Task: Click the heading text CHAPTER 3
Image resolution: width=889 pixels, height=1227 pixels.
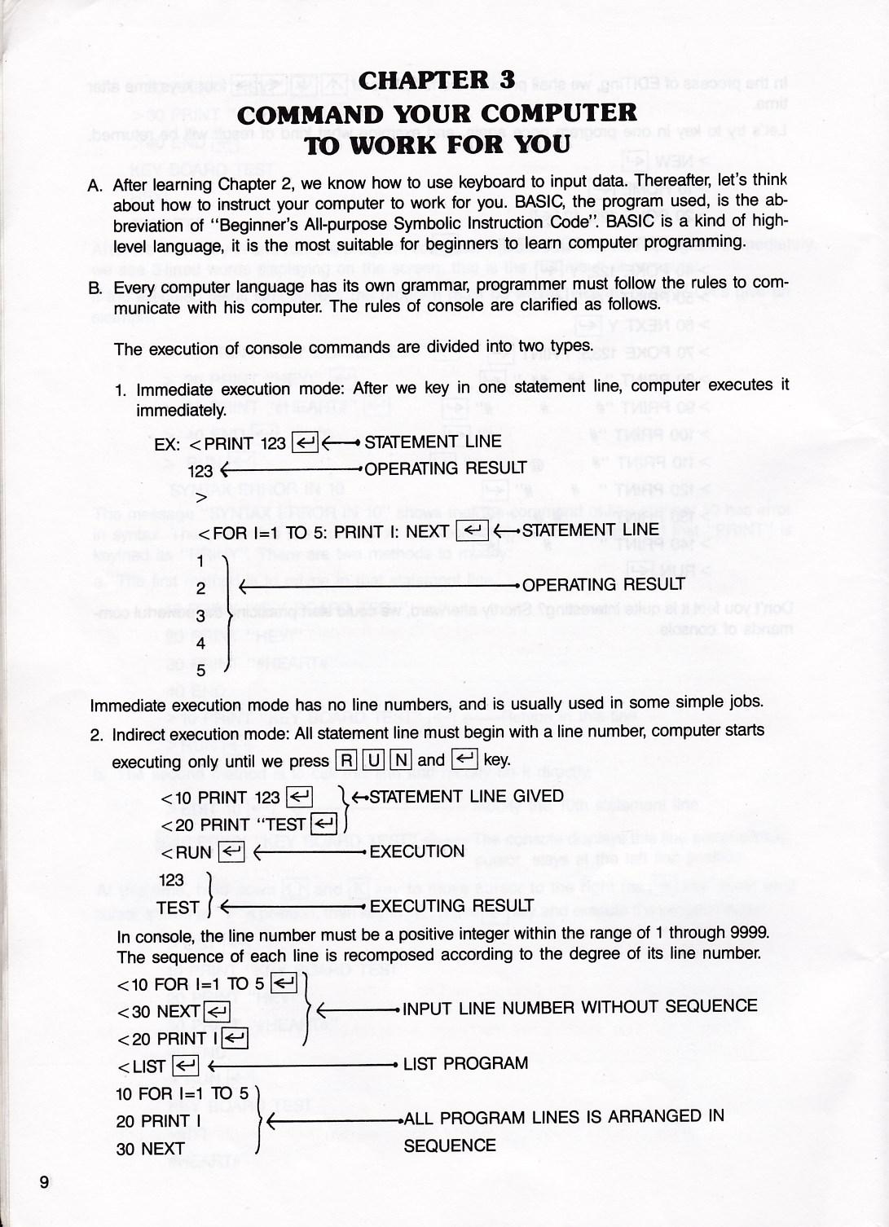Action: point(437,80)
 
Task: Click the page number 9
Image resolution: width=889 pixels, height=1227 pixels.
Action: point(44,1182)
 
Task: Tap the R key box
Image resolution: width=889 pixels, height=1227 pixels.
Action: point(346,760)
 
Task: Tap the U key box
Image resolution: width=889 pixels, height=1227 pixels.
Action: point(373,760)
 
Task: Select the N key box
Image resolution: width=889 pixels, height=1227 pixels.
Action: point(400,760)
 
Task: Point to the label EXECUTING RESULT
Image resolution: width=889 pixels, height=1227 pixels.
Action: point(451,906)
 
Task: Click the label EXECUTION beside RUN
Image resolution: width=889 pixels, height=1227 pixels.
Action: point(416,851)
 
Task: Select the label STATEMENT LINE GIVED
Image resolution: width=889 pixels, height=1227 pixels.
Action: point(466,796)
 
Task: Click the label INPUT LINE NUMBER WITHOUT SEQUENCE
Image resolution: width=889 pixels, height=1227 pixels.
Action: point(579,1007)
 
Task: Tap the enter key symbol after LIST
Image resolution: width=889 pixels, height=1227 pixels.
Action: point(186,1066)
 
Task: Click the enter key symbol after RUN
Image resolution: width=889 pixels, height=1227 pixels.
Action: point(231,852)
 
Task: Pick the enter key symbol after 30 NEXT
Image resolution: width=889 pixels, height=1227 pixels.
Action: point(217,1012)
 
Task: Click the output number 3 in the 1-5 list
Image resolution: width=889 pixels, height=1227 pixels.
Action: point(200,617)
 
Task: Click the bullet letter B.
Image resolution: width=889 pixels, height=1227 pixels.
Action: point(95,288)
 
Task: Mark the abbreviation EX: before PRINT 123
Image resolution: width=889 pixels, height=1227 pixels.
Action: point(167,444)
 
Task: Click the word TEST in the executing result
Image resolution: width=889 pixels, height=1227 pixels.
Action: point(178,907)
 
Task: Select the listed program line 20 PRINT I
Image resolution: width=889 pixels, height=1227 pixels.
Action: point(158,1121)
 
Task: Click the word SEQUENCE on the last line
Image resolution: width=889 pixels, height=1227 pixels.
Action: point(450,1146)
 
